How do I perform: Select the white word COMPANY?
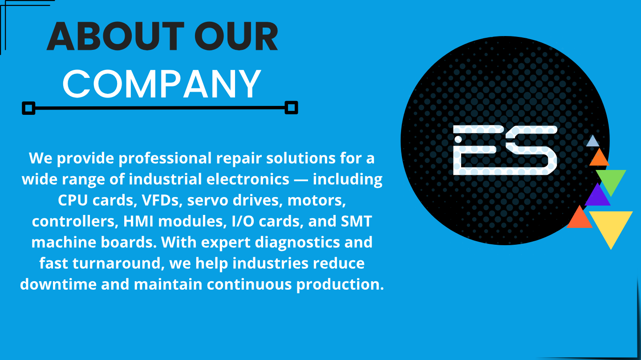click(162, 84)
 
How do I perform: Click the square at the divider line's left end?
click(28, 108)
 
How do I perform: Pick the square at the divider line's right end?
click(291, 108)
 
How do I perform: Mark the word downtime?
click(58, 284)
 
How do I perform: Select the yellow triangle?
click(611, 225)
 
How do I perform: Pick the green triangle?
click(611, 179)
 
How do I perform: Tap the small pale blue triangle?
click(592, 142)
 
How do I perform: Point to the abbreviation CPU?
click(73, 200)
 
